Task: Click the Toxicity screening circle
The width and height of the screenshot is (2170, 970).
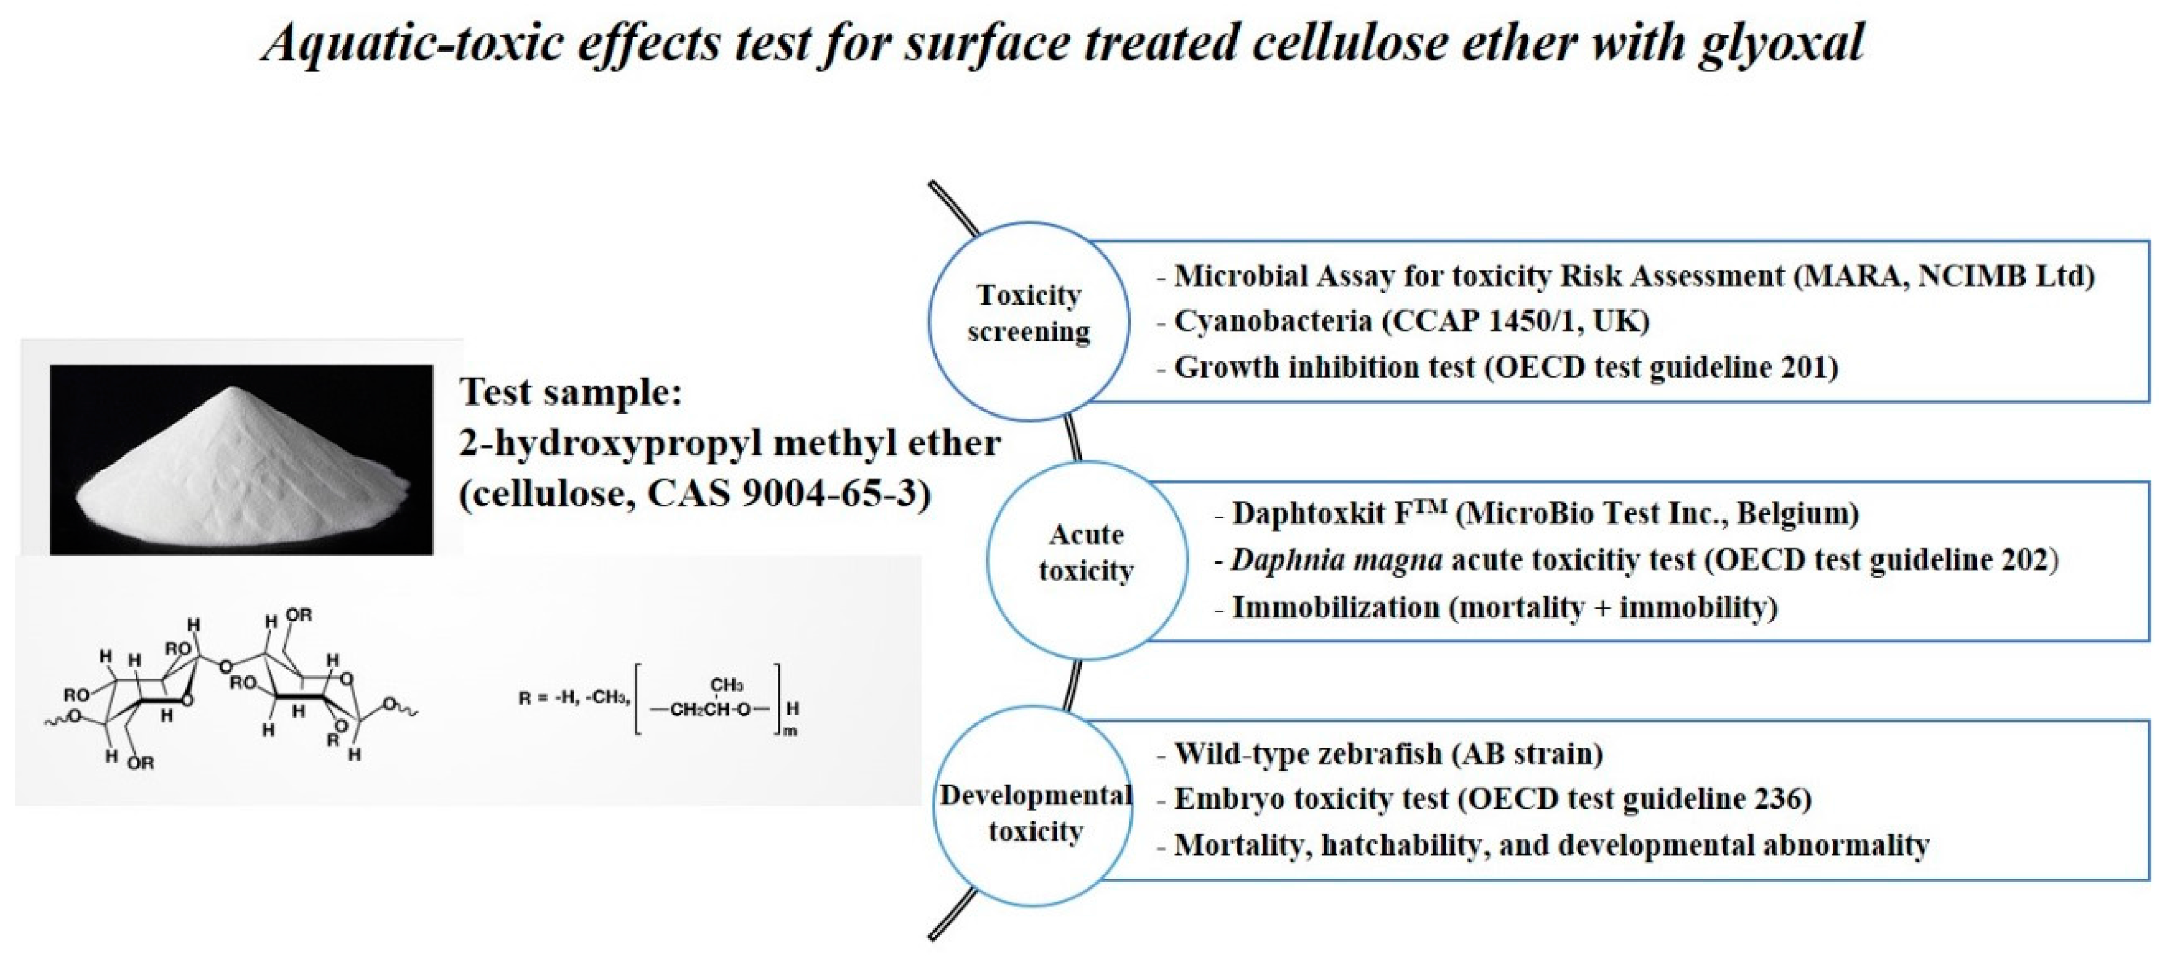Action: pyautogui.click(x=1029, y=321)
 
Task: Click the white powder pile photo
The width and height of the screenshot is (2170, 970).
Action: pyautogui.click(x=242, y=459)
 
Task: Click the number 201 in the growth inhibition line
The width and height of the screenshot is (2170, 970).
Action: pyautogui.click(x=1804, y=368)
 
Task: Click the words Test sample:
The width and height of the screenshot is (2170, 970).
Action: pyautogui.click(x=570, y=392)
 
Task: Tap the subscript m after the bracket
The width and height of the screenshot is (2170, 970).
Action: pyautogui.click(x=790, y=732)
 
